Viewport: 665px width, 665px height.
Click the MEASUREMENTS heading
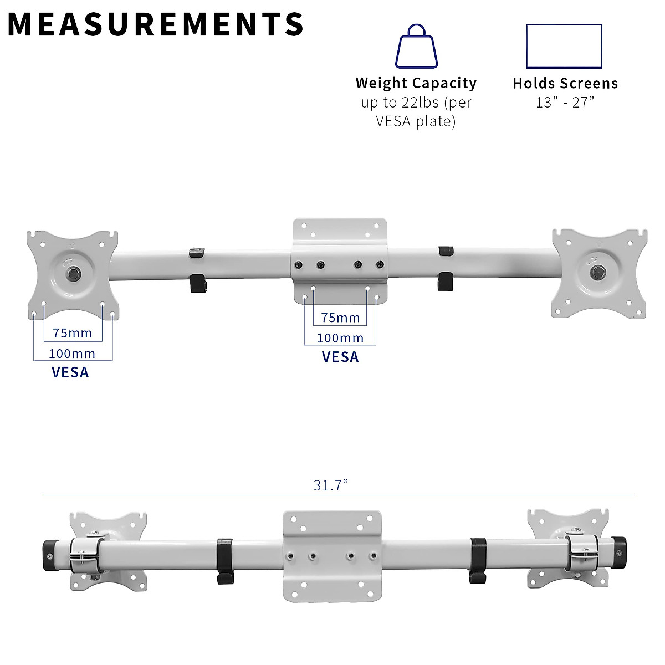[x=155, y=24]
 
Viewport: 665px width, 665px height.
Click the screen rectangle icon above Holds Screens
[x=564, y=46]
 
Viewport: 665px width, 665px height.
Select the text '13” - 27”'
[x=565, y=103]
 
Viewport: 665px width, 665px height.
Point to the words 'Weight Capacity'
[x=416, y=83]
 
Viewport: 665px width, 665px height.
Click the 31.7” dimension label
[x=330, y=485]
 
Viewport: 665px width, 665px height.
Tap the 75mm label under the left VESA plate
[x=73, y=333]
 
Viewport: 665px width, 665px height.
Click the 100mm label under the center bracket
[x=340, y=337]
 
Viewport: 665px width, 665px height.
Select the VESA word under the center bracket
[x=340, y=357]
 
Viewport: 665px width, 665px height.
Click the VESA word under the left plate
[x=70, y=372]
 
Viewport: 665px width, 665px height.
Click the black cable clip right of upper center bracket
[x=445, y=268]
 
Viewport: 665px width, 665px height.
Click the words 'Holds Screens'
[x=565, y=83]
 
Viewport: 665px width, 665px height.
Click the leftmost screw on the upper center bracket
[x=299, y=265]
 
